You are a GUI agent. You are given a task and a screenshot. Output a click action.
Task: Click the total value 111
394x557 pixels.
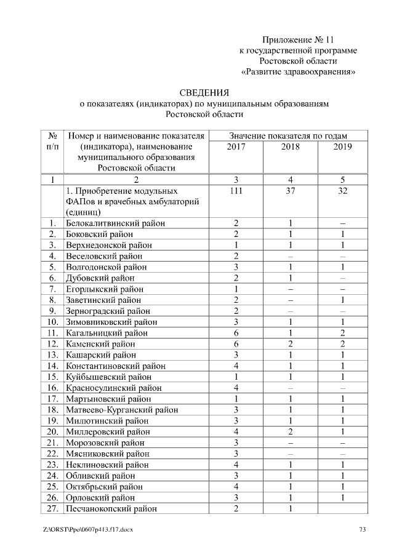pos(236,191)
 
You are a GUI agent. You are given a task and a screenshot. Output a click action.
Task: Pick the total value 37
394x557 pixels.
pos(289,191)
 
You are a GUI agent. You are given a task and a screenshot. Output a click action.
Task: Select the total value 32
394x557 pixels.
pos(342,191)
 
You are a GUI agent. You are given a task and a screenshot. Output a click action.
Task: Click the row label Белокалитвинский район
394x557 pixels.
pos(115,223)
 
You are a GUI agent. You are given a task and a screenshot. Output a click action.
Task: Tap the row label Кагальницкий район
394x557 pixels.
pos(107,333)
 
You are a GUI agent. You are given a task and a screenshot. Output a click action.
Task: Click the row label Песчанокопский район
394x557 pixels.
pos(111,508)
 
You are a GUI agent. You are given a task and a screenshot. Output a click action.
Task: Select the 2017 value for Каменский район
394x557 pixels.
pos(236,344)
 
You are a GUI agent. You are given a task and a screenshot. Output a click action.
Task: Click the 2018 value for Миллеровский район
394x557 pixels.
pos(289,432)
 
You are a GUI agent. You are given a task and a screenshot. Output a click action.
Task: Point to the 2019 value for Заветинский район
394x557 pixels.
pos(342,300)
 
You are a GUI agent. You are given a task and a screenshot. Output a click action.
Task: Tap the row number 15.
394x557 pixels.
pos(53,377)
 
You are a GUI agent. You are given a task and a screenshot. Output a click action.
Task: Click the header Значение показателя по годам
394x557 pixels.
pos(288,135)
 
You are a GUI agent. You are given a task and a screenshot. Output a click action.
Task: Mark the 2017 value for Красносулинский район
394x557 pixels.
pos(236,388)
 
